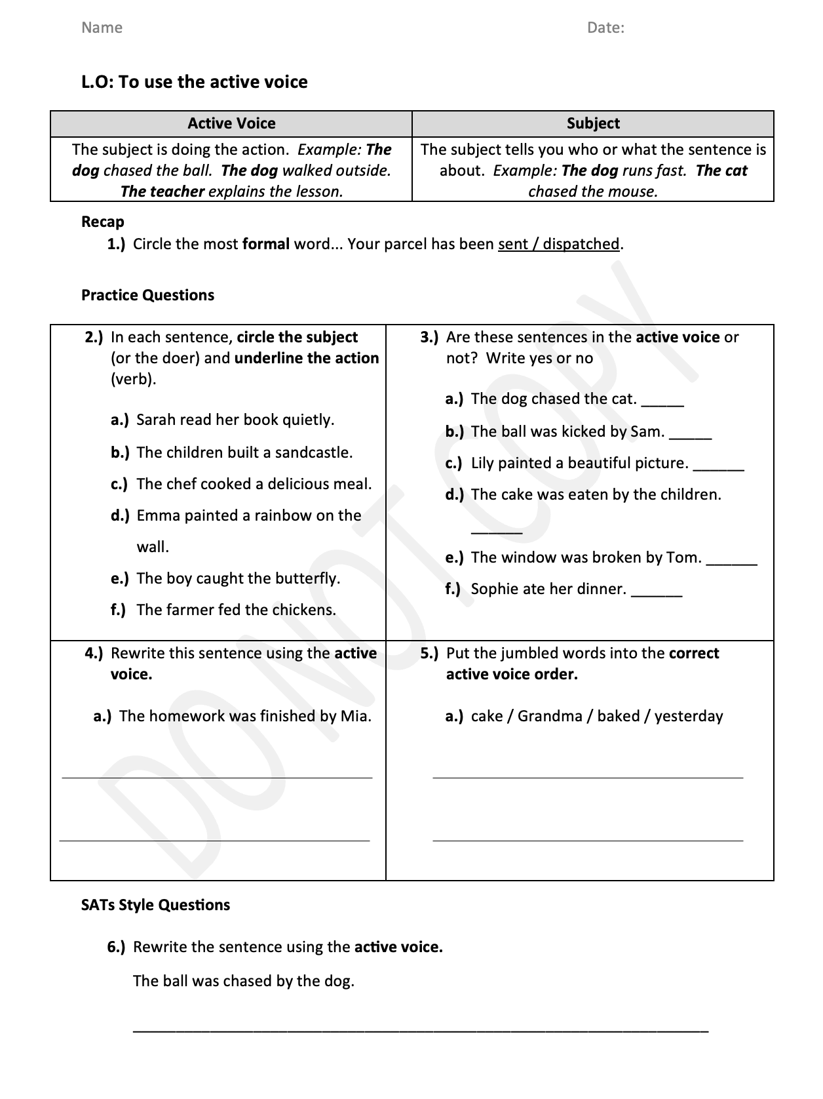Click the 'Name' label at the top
[x=102, y=28]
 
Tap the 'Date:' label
[x=605, y=28]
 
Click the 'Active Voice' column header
[x=231, y=123]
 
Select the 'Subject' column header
[x=593, y=123]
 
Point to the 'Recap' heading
[x=102, y=222]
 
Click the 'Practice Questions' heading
[x=147, y=295]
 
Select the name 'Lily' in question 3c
[x=482, y=463]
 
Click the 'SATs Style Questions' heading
[x=155, y=905]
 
